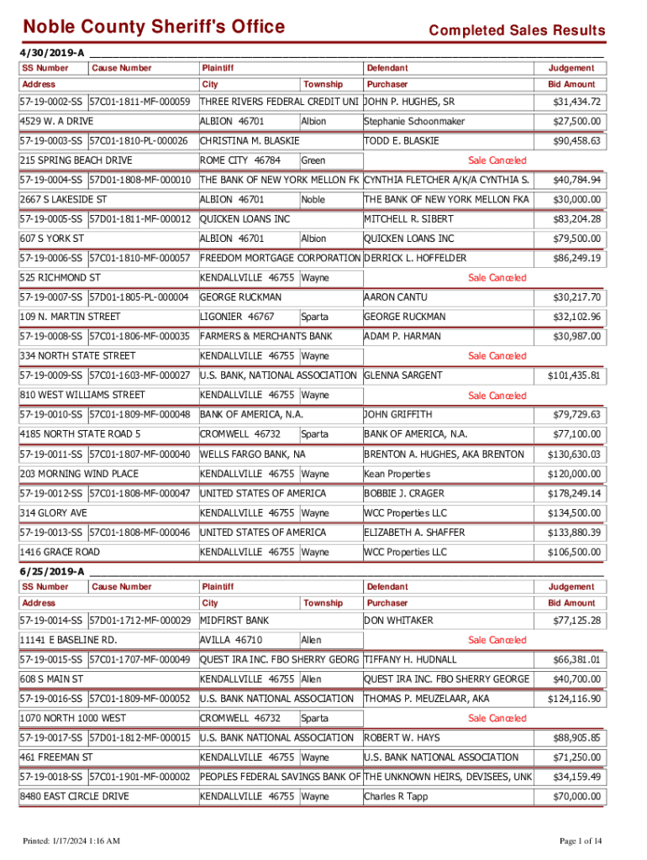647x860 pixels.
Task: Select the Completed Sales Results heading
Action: (x=516, y=31)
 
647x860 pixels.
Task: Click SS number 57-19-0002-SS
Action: (x=51, y=102)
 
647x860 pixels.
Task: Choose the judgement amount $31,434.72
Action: (x=576, y=102)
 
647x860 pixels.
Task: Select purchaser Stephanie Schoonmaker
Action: (x=413, y=122)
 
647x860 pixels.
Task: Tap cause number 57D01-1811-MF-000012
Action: (x=139, y=219)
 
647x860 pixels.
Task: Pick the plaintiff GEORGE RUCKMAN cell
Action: (x=240, y=297)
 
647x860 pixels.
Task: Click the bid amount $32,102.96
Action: (x=576, y=317)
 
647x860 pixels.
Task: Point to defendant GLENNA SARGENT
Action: (x=403, y=375)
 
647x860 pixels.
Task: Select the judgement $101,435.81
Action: (x=574, y=375)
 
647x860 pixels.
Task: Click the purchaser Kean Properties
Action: (x=397, y=474)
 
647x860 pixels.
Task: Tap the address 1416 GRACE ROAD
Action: (x=59, y=552)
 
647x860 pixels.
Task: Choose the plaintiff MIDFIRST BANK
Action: (x=234, y=621)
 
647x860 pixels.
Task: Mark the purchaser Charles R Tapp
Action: (x=396, y=796)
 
